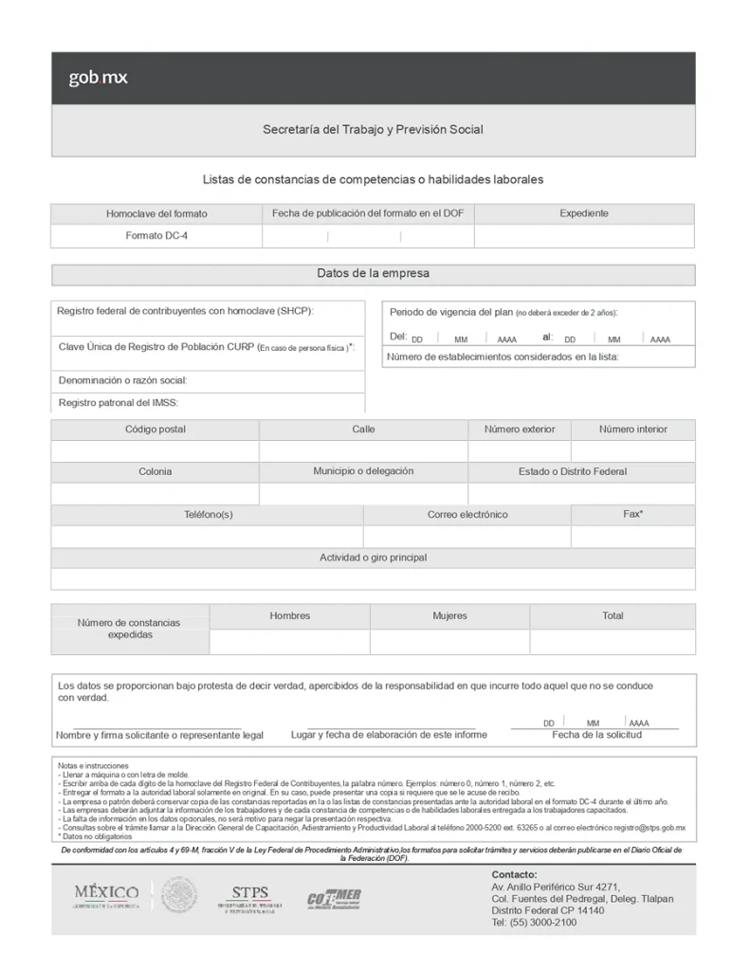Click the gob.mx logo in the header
(98, 78)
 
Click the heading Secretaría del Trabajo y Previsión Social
(373, 129)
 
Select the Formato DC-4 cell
(156, 236)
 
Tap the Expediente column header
(584, 213)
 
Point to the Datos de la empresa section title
(373, 274)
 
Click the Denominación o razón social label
(123, 380)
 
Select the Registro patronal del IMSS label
(119, 402)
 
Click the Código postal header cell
(155, 430)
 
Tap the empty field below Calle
(363, 451)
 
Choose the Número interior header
(632, 430)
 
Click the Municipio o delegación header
(363, 471)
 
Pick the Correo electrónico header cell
(467, 515)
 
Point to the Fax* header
(632, 514)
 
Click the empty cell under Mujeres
(449, 642)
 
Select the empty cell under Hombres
(289, 642)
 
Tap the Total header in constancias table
(613, 616)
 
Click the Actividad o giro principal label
(373, 558)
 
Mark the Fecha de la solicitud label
(596, 735)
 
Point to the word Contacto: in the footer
(514, 874)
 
